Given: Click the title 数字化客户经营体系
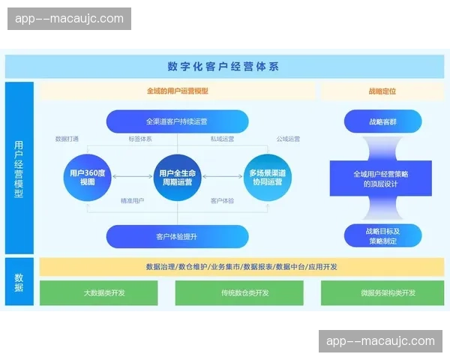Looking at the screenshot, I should coord(223,66).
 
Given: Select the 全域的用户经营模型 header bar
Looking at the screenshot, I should coord(177,91).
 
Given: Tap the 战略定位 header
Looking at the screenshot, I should coord(382,91).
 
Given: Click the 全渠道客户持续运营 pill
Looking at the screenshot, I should coord(177,121).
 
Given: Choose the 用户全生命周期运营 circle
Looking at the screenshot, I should coord(176,178).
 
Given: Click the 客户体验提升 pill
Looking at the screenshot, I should coord(177,236).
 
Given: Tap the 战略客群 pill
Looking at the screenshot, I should coord(381,121).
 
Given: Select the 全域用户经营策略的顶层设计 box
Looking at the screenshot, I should coord(381,178).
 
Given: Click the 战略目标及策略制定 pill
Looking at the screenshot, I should coord(381,236).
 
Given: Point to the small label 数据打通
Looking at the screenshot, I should coord(67,139).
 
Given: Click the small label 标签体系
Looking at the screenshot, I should coord(139,139).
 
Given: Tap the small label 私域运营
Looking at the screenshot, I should coord(222,139).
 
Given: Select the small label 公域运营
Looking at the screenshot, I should coord(288,139).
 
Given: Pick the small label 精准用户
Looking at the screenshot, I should coord(132,201).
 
